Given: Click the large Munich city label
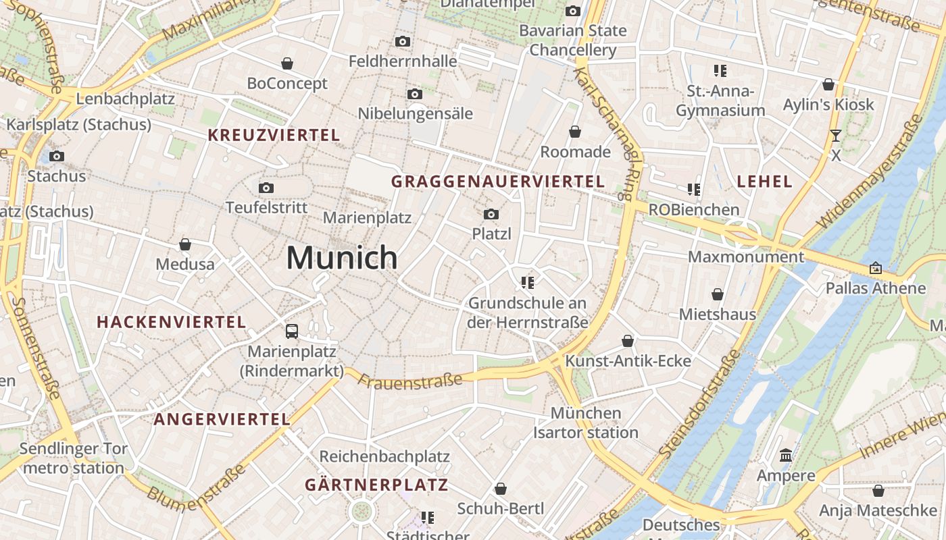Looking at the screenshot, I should [342, 258].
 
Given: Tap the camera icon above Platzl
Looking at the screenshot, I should [491, 215].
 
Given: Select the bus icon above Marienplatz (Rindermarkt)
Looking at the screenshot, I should [292, 331].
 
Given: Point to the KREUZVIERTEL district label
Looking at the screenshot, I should [274, 135].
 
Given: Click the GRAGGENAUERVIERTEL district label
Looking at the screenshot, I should [498, 181].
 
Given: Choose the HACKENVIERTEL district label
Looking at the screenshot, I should [172, 322].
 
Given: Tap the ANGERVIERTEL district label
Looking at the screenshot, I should [222, 419].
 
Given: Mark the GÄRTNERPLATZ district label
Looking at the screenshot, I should [376, 485].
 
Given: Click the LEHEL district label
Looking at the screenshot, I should [764, 181].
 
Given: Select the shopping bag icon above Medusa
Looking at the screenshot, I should [185, 244].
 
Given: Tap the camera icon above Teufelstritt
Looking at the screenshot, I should [266, 188].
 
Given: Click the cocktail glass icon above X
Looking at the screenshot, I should [836, 136].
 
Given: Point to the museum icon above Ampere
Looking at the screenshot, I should [786, 456].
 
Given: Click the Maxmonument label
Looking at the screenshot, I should [746, 257].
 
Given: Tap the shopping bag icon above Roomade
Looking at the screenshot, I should [575, 132].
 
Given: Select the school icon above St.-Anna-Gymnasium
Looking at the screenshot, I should [720, 70].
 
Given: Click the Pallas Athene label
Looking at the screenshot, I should [876, 288].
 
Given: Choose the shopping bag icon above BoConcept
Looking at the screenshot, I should [287, 63].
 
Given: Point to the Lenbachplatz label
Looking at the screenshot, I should [126, 99].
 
